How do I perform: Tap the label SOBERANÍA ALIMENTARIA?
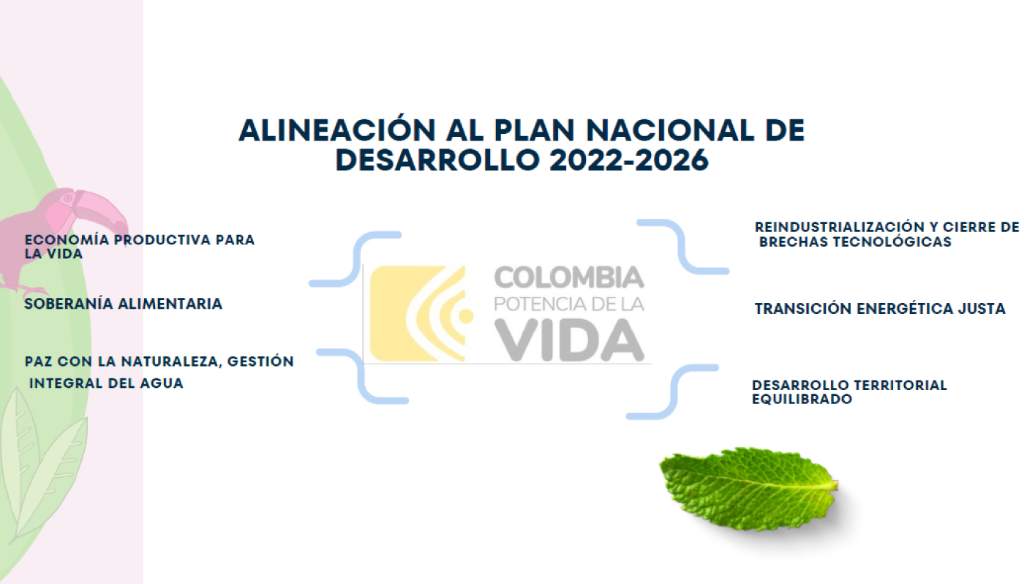tap(123, 304)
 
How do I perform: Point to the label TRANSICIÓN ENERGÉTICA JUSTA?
tap(879, 309)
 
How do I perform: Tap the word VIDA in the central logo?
tap(568, 340)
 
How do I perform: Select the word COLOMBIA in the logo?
tap(568, 278)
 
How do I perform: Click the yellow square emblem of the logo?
tap(417, 313)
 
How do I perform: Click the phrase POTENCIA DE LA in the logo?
tap(568, 304)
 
